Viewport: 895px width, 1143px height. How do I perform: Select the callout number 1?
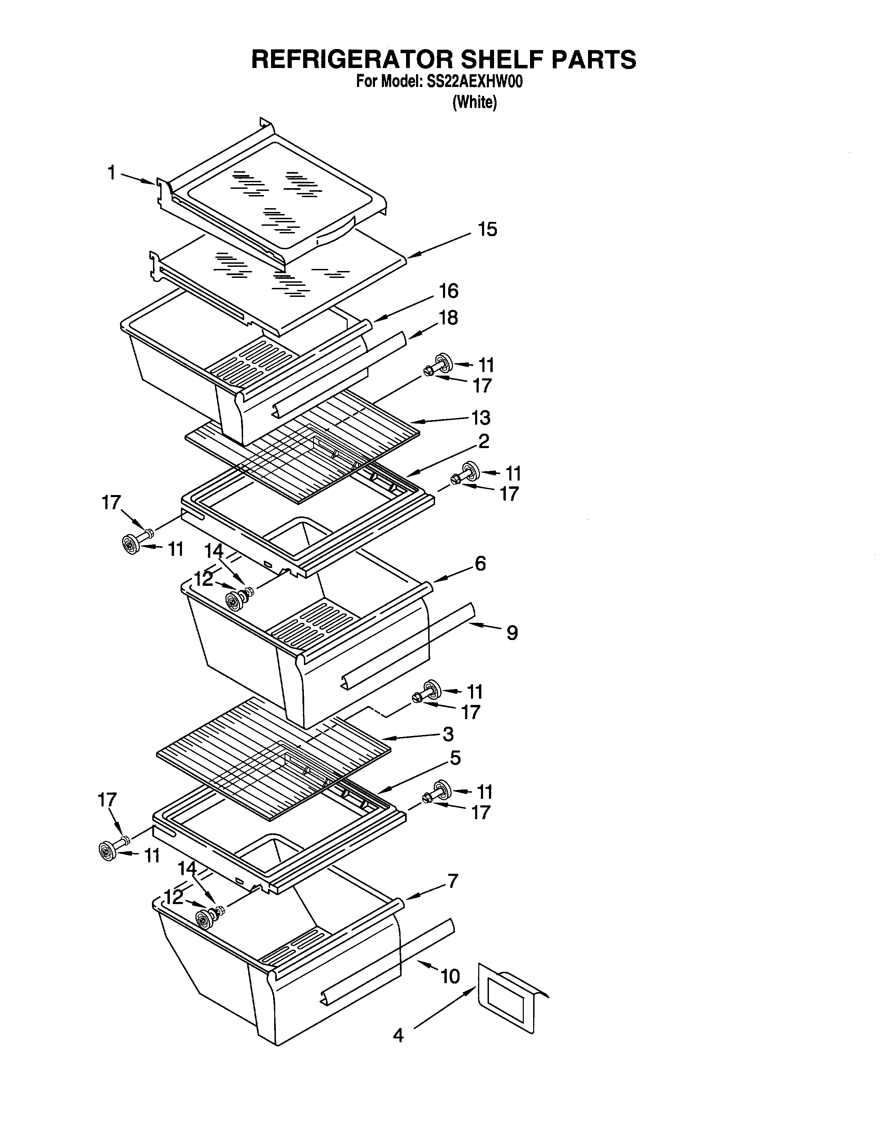[112, 172]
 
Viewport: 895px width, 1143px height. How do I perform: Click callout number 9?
[512, 633]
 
